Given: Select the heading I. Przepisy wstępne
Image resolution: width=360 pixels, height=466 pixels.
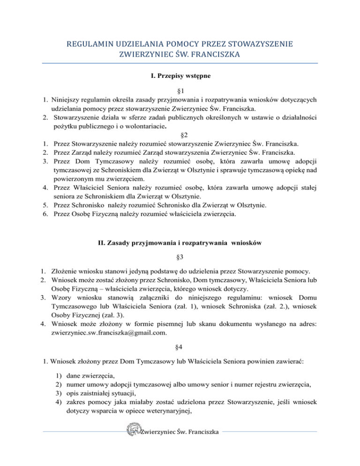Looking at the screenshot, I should coord(180,75).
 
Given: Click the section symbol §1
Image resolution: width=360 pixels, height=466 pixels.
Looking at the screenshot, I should coord(180,91).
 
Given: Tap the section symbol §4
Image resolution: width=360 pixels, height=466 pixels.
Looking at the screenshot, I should coord(180,336).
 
